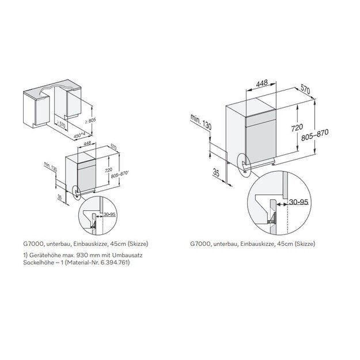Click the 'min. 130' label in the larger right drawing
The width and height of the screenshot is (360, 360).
click(201, 122)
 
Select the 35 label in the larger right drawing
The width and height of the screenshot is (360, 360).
click(216, 172)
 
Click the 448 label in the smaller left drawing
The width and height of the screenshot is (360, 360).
click(88, 144)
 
